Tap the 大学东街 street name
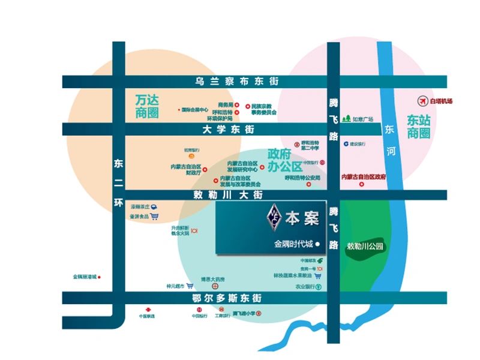(x=229, y=130)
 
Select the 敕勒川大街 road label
(x=229, y=195)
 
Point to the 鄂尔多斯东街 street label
(x=229, y=298)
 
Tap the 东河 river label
(x=391, y=142)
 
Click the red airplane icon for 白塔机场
(x=424, y=101)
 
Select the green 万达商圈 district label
(x=147, y=105)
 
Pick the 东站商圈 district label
(x=419, y=127)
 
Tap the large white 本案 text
(x=301, y=218)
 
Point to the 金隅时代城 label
(x=293, y=245)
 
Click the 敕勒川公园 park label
(x=364, y=246)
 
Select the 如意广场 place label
(x=362, y=119)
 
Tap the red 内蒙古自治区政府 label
(x=363, y=177)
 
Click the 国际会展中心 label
(x=194, y=110)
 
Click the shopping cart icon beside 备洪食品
(x=154, y=217)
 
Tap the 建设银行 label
(x=358, y=144)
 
